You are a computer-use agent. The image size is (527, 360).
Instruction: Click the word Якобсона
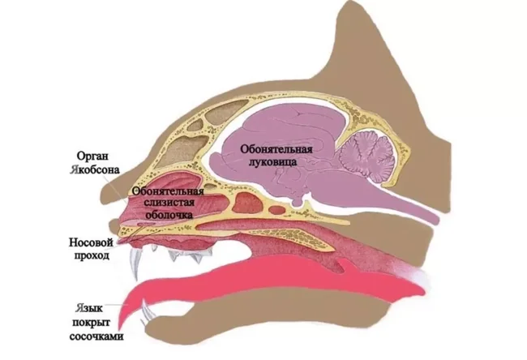tap(96, 170)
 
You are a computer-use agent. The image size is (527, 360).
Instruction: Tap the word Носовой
tap(94, 241)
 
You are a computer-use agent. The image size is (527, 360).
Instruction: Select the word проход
tap(94, 255)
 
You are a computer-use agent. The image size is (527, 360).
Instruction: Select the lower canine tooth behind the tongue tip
tap(146, 313)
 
